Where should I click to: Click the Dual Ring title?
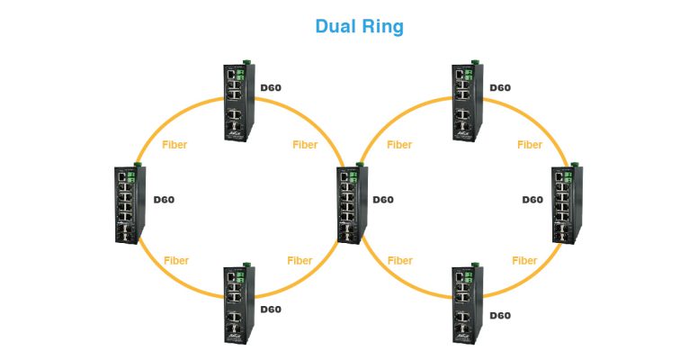[x=359, y=26]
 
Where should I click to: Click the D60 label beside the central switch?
[x=383, y=200]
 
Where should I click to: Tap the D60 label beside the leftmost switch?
[x=165, y=200]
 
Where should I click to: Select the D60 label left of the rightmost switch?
[x=533, y=200]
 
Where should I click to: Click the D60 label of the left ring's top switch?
[x=271, y=88]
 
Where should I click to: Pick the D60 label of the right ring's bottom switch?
[x=499, y=315]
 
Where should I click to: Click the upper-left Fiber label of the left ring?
[x=174, y=144]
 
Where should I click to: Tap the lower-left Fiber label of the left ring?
[x=176, y=261]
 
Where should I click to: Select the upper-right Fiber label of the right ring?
[x=530, y=144]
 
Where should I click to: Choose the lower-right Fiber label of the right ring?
[x=524, y=261]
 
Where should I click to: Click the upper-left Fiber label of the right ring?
[x=399, y=144]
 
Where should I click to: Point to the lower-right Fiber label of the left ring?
[x=300, y=261]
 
